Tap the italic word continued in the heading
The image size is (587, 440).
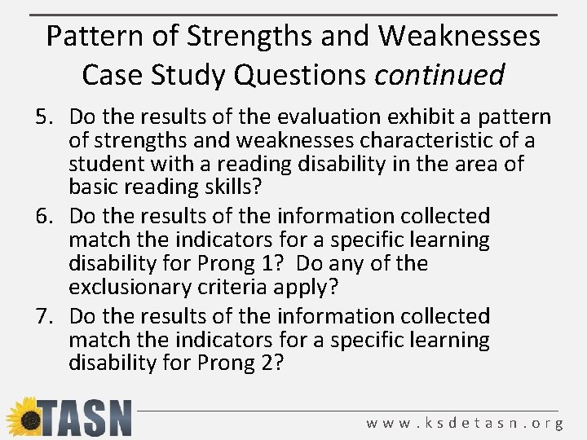pyautogui.click(x=439, y=75)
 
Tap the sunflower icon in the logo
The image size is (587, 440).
pyautogui.click(x=22, y=416)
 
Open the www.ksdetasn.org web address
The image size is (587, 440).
pyautogui.click(x=465, y=423)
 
